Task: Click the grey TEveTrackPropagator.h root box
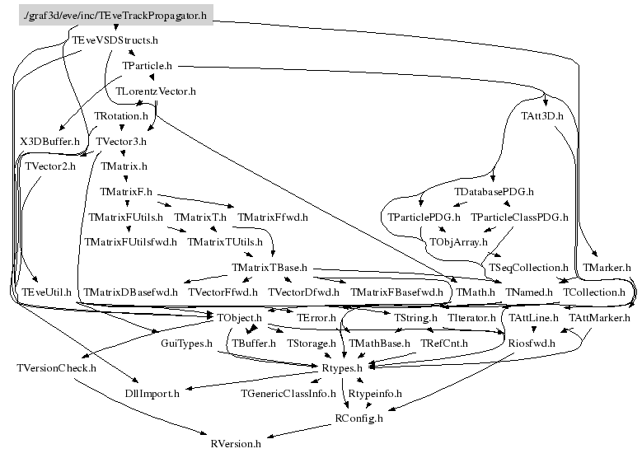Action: pos(116,14)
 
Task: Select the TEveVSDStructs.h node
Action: pos(114,40)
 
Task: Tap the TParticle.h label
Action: pos(147,64)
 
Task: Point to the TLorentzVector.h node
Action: pos(156,91)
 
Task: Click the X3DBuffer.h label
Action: pos(50,142)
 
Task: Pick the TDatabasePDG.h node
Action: pos(494,192)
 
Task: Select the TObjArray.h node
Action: pos(459,242)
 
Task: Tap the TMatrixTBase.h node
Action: pos(269,268)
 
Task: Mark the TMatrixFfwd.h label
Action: pos(272,217)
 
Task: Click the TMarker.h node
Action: pos(607,268)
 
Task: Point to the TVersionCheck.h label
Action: pos(56,367)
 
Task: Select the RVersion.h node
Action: pos(236,443)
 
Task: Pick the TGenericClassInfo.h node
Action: pos(288,393)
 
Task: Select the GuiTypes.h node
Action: pos(186,343)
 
